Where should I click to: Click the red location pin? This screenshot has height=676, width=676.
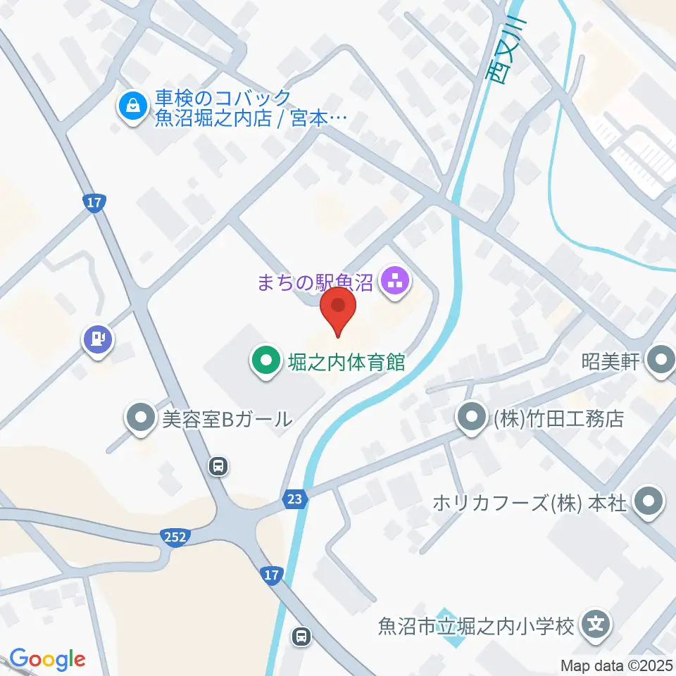pos(338,311)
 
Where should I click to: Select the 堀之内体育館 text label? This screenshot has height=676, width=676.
pos(346,363)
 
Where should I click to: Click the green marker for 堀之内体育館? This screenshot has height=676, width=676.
pos(265,363)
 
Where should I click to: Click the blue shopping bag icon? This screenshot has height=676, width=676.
pos(132,107)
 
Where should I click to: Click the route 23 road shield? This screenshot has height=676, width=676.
pos(296,499)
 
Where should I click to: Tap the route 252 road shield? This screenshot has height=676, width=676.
pos(176,537)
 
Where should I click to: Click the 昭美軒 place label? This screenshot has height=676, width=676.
pos(610,363)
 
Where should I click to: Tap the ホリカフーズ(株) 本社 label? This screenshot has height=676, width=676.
pos(529,503)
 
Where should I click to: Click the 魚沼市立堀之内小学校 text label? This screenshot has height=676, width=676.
pos(477,625)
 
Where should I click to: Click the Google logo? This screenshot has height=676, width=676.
pos(47,659)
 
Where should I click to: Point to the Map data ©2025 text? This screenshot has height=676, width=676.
pos(617,665)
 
